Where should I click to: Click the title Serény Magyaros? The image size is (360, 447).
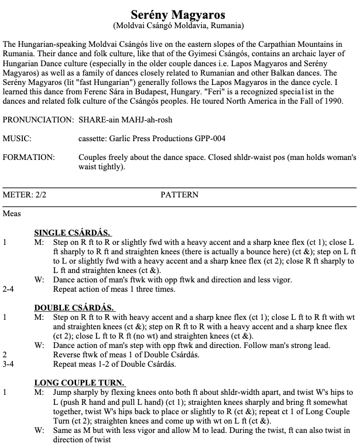coord(180,13)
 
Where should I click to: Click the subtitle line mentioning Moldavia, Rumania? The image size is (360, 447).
coord(180,26)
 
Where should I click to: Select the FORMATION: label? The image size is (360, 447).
coord(29,158)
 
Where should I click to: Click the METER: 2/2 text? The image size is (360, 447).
coord(24,195)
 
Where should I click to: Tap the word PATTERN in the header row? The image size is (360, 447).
coord(179,195)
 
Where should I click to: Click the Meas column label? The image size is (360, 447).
coord(12,214)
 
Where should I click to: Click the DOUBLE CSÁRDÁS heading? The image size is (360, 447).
coord(74,308)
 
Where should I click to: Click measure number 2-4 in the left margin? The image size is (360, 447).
coord(9,289)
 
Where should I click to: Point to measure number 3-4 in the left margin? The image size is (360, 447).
coord(9,364)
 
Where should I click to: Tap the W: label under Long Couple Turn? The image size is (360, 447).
coord(39,429)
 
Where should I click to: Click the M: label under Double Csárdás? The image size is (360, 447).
coord(39,317)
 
